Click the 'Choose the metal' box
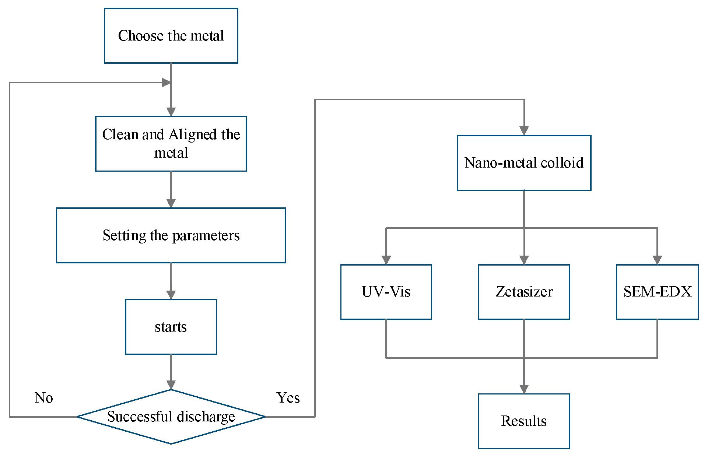[171, 36]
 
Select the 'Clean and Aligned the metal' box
[171, 144]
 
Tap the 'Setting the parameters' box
[171, 235]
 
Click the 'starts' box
[171, 327]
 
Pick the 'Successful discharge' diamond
[171, 417]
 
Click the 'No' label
[44, 398]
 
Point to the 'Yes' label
[288, 398]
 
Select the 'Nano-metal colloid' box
[524, 163]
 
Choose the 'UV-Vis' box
[386, 292]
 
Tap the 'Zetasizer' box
[524, 292]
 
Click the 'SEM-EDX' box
[657, 292]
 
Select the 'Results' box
[524, 421]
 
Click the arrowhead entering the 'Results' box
[524, 389]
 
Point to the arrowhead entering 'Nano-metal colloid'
[524, 131]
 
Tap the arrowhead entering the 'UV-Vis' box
[386, 260]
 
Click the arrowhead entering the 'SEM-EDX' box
[657, 260]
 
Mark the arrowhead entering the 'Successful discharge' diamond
[171, 385]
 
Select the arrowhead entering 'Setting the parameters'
[171, 203]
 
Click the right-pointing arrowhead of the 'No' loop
[166, 83]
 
